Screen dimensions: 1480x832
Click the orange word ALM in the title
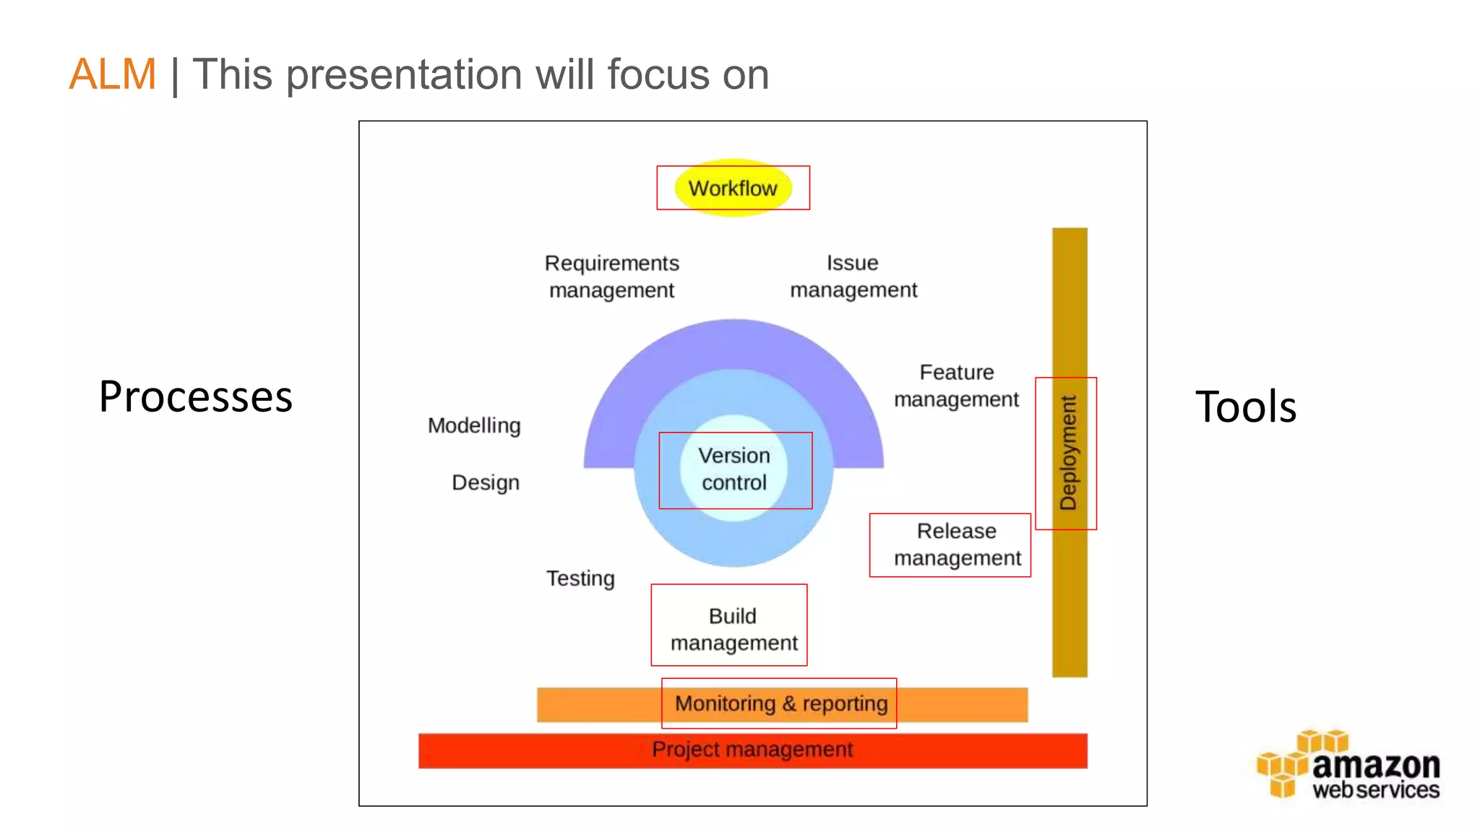113,74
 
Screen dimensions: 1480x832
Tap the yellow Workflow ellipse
733,188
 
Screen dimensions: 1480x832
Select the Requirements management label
611,276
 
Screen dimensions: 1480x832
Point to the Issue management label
853,276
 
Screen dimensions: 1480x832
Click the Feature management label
956,386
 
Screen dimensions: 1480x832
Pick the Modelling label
474,425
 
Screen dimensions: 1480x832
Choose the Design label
486,482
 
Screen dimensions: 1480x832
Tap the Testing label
580,578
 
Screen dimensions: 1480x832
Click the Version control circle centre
734,469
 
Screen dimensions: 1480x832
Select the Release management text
957,545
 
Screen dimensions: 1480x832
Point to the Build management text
733,629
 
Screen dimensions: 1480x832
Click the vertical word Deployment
1068,453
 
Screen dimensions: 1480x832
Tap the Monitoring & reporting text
781,703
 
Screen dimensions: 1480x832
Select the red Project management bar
752,750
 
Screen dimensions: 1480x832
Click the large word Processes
196,396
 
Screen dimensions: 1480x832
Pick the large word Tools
1246,406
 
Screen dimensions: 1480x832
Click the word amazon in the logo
1376,765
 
